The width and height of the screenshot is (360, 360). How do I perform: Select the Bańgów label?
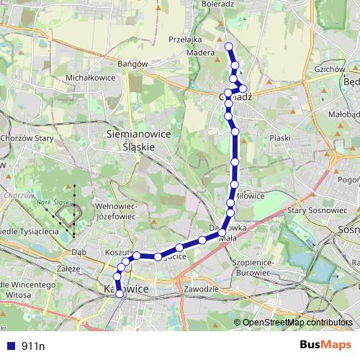132,63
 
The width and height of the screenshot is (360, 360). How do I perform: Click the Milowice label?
249,195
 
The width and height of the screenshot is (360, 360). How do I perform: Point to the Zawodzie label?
201,289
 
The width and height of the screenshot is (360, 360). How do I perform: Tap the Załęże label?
67,270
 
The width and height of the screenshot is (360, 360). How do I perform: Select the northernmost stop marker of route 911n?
229,47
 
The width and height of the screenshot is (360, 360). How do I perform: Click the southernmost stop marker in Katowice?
120,294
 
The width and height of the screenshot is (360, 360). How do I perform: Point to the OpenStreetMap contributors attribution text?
297,322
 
